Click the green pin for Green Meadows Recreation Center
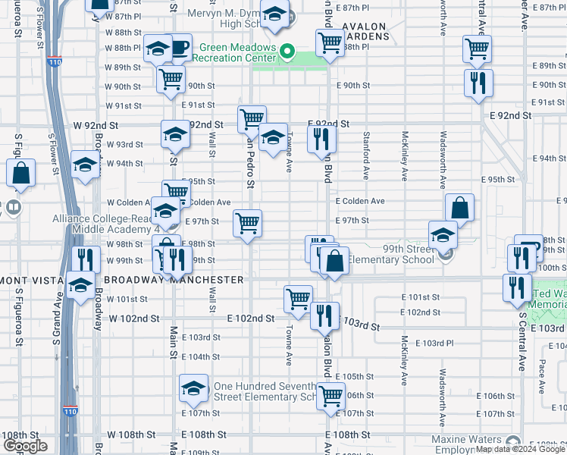[287, 52]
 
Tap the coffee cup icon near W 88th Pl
[179, 49]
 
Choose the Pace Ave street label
[540, 377]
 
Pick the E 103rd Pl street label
[438, 343]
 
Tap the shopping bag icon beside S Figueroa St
[21, 174]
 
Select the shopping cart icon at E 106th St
[330, 395]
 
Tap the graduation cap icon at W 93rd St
[175, 135]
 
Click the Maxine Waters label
[466, 440]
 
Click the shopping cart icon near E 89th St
[478, 49]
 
